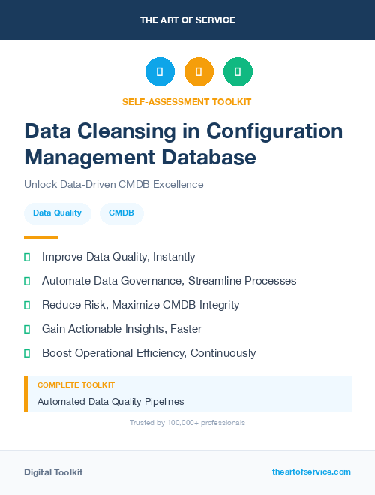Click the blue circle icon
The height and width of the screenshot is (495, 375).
160,71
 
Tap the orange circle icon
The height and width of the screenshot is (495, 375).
199,71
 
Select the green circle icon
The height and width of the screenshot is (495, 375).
238,71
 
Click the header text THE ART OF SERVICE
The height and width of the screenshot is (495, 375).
187,20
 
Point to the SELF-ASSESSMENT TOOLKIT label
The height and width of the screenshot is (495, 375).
187,101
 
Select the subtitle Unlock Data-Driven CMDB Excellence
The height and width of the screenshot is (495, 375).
113,184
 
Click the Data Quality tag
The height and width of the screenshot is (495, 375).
57,213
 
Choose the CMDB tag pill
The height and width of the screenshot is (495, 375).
121,213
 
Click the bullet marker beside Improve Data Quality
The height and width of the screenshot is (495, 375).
27,257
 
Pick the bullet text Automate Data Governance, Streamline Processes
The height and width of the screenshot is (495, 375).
169,281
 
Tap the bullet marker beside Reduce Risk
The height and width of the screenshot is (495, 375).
27,305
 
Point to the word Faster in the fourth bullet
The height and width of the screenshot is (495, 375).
185,329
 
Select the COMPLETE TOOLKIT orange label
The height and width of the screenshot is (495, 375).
76,385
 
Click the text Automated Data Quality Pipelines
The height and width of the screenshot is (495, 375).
110,402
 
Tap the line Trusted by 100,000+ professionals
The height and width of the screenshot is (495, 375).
187,423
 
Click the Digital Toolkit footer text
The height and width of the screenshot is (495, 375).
53,472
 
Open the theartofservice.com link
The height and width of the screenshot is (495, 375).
311,472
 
